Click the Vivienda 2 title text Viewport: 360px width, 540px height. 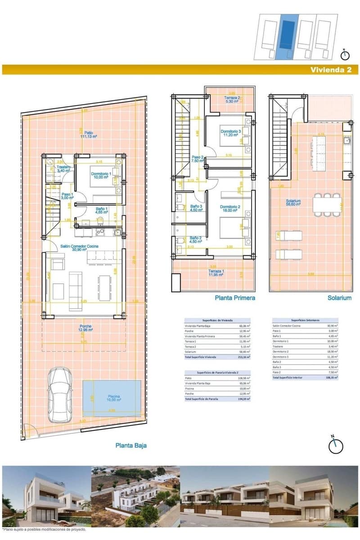(x=333, y=70)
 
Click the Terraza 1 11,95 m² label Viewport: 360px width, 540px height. (x=216, y=273)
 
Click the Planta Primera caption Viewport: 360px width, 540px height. (x=234, y=298)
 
